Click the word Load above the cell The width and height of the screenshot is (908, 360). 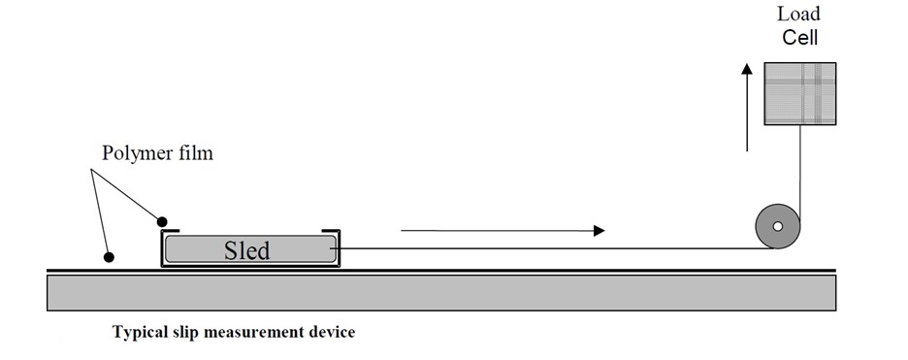click(x=799, y=14)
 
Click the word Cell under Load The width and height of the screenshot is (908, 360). click(x=799, y=38)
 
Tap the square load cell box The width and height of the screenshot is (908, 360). click(x=797, y=93)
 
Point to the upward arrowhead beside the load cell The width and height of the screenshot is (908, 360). click(x=746, y=71)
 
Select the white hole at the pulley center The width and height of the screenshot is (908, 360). click(x=776, y=227)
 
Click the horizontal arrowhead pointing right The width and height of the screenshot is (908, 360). click(x=599, y=231)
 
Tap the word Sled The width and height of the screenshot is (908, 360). click(x=246, y=249)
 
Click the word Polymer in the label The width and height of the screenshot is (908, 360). click(x=135, y=154)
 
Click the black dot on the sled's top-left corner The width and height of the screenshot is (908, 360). click(x=162, y=221)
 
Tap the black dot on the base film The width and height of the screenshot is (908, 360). click(x=109, y=257)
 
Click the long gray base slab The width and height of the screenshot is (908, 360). click(x=441, y=292)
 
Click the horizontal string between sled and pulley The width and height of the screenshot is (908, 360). click(x=543, y=248)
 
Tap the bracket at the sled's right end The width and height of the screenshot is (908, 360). click(x=338, y=247)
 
